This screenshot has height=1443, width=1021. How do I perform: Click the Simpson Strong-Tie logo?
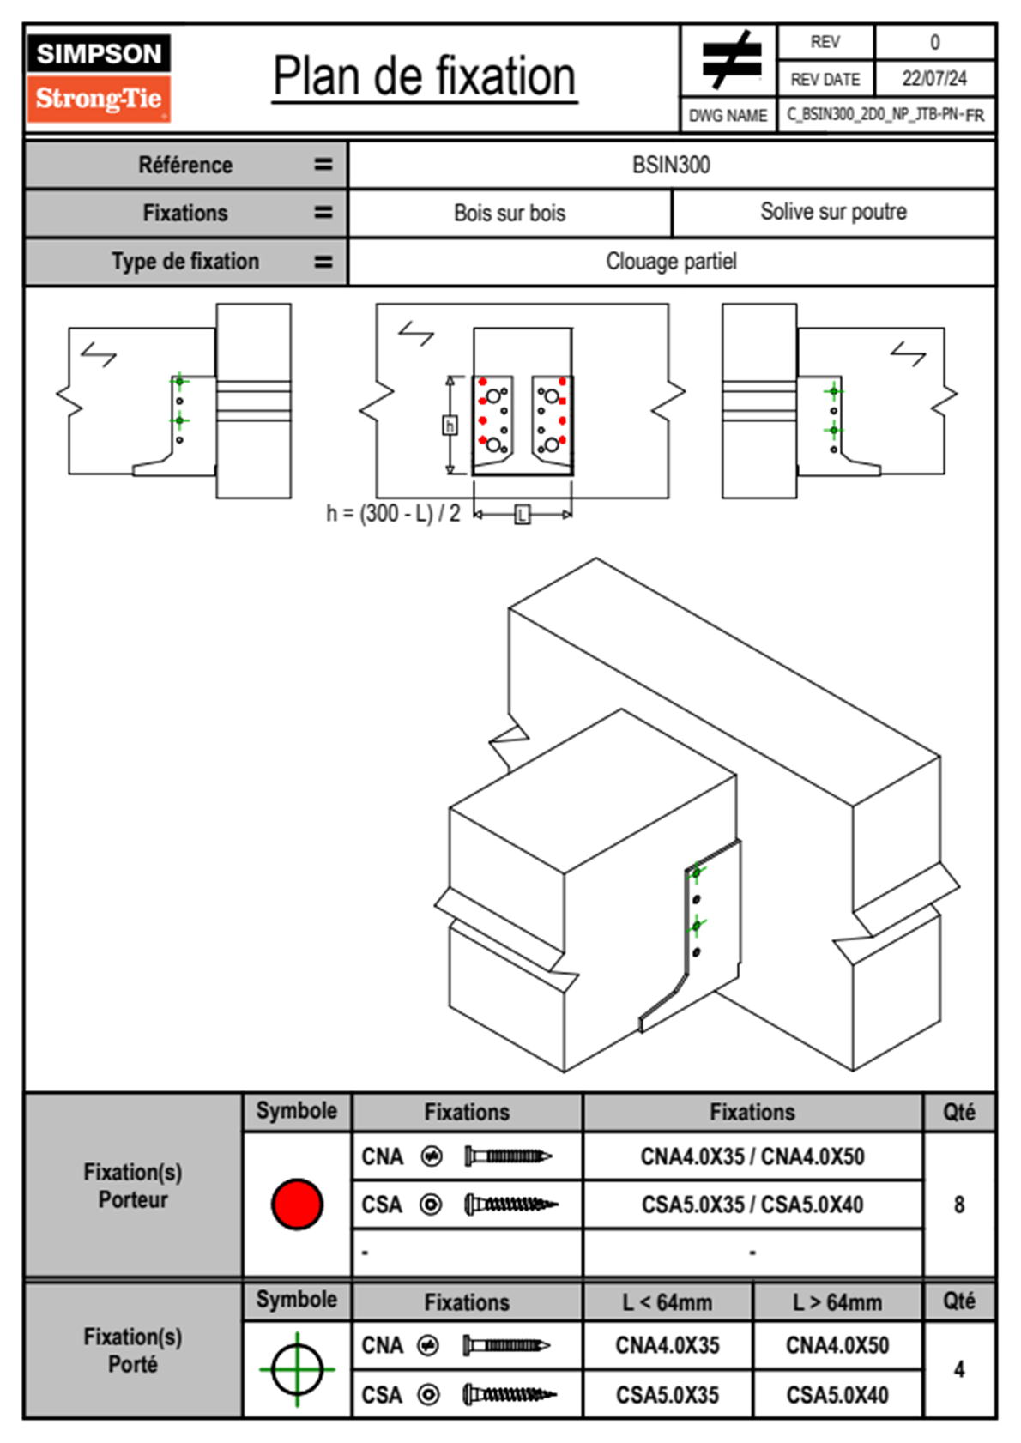(x=99, y=77)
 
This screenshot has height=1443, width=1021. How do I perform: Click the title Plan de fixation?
(x=424, y=77)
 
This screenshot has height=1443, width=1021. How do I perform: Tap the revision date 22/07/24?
(x=933, y=79)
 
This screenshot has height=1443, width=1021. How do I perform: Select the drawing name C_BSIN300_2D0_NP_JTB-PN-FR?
(x=885, y=115)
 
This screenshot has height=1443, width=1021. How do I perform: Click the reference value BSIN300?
(x=671, y=166)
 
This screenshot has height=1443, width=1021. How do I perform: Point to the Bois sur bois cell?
(x=510, y=214)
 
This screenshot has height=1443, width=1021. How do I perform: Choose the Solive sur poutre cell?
(x=833, y=213)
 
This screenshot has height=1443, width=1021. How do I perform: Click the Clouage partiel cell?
(x=671, y=262)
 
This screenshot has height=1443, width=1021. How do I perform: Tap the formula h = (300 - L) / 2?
(x=393, y=514)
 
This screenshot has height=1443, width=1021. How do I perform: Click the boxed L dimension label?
(x=523, y=515)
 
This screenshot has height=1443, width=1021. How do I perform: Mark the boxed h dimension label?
(x=450, y=426)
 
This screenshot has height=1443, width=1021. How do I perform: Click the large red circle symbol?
(x=297, y=1204)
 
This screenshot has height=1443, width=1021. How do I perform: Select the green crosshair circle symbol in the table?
(x=297, y=1369)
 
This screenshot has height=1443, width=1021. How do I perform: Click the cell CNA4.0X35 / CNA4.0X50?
(x=752, y=1157)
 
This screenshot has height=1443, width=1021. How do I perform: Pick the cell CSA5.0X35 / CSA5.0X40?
(x=752, y=1205)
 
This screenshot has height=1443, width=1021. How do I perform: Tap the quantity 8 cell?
(x=958, y=1205)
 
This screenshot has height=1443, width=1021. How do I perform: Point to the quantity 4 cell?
(x=958, y=1369)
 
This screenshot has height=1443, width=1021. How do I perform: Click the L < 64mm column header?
(x=668, y=1302)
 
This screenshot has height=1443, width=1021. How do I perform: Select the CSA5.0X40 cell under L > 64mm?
(x=837, y=1395)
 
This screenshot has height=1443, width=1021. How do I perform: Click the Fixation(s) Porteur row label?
(x=133, y=1186)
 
